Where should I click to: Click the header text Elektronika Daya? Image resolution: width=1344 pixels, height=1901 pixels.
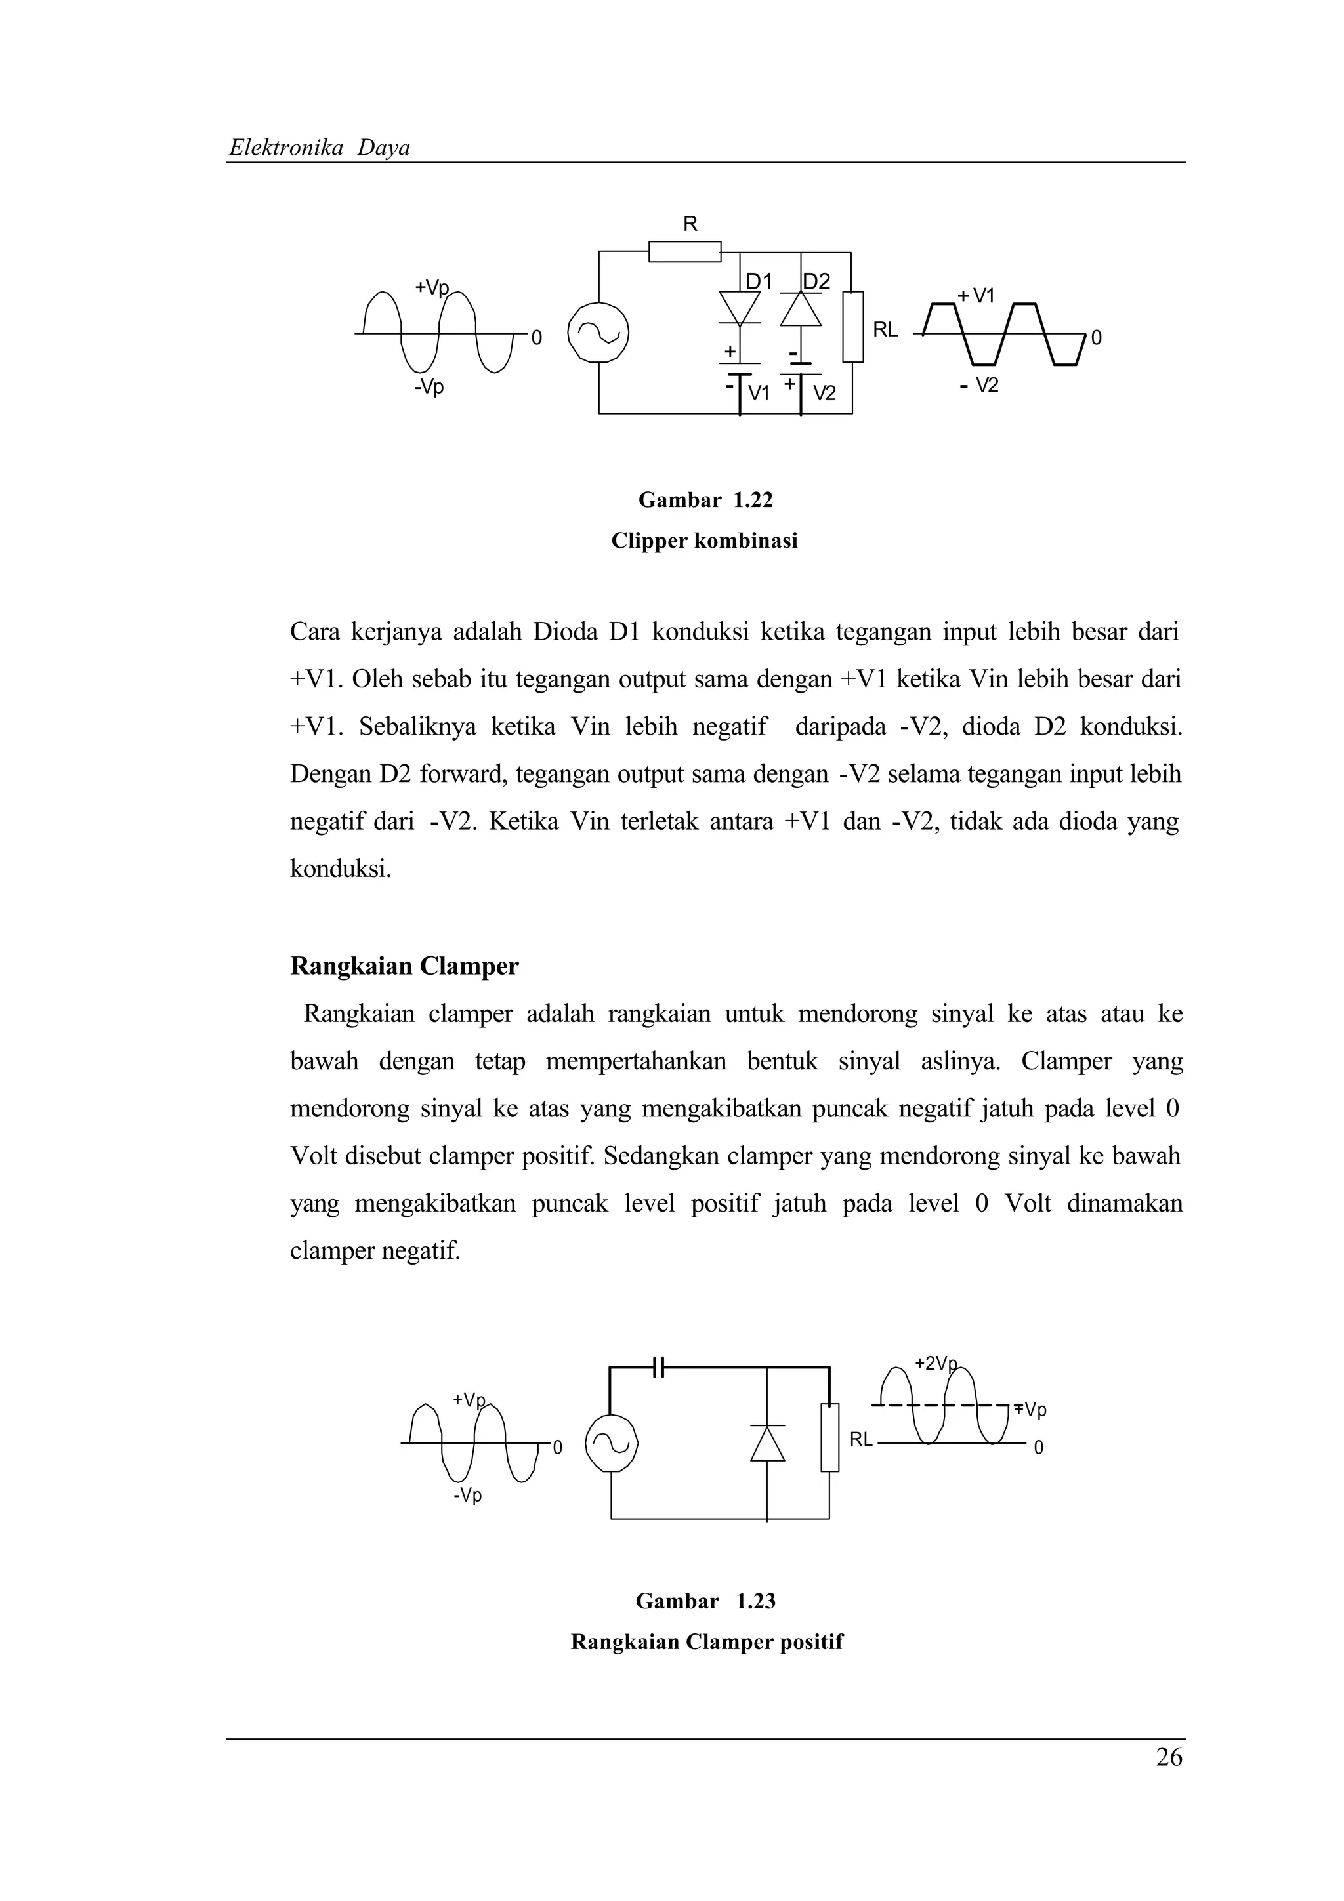coord(319,148)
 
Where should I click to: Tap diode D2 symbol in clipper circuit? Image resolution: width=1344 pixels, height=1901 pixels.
coord(801,309)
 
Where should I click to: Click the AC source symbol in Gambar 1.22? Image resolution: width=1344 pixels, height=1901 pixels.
coord(598,333)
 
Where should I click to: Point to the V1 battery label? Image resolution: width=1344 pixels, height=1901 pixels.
coord(759,394)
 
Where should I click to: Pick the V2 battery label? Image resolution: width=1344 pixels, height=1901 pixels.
coord(824,394)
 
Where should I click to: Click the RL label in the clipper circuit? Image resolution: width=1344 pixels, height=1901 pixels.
coord(885,329)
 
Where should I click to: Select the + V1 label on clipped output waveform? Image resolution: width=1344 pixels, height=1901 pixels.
coord(977,296)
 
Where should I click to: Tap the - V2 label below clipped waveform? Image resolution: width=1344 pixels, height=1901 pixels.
coord(980,385)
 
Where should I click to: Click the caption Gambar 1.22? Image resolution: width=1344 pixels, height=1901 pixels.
coord(705,500)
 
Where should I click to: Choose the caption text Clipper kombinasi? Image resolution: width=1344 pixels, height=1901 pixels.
coord(704,541)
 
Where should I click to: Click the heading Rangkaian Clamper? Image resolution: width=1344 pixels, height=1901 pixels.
coord(404,966)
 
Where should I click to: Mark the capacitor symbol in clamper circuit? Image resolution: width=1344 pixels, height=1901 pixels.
coord(659,1367)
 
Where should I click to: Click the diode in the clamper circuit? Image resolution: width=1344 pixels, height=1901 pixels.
coord(766,1443)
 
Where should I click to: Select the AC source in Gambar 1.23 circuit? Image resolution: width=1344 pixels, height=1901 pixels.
coord(611,1443)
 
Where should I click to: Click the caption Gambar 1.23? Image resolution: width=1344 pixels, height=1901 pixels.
coord(705,1601)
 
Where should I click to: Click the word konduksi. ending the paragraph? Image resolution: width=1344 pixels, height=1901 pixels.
coord(341,869)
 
